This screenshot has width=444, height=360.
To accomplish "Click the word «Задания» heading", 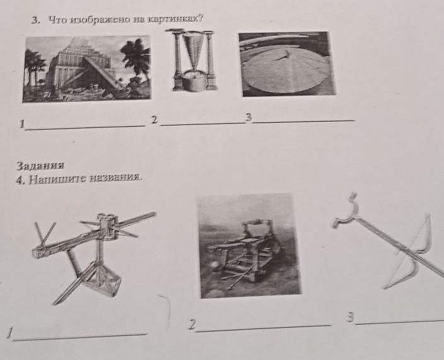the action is pos(40,166).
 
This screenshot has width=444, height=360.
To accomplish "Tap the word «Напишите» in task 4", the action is pos(57,179).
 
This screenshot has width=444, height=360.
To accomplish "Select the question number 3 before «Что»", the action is pos(35,20).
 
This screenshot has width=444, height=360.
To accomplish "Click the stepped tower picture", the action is pos(86,69).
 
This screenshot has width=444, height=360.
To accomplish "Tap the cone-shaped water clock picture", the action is pos(192,60).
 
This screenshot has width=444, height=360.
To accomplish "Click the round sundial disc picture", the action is pos(287,64).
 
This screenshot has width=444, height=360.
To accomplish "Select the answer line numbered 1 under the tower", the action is pos(85,128).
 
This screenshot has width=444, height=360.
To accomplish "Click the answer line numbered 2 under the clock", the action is pos(202,124).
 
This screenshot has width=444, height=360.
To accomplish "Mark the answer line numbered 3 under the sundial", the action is pos(303,122).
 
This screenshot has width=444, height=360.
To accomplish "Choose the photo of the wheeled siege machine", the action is pos(249,246).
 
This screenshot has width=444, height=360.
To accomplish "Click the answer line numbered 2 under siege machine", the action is pos(264,328).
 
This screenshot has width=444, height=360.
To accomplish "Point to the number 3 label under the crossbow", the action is pos(351,317).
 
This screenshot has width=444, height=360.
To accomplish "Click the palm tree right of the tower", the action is pos(136,61).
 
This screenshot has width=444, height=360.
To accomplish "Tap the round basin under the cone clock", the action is pos(194,81).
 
